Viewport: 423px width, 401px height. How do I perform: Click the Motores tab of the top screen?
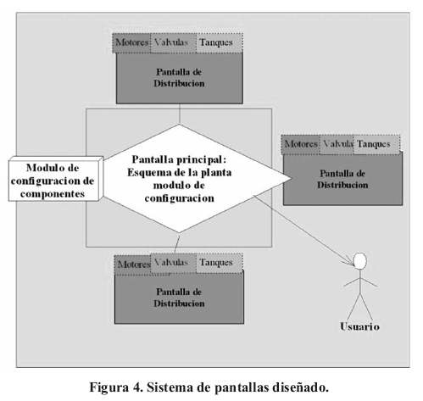(131, 43)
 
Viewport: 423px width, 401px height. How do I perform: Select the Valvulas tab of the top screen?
(173, 43)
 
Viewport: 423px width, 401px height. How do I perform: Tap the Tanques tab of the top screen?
(219, 43)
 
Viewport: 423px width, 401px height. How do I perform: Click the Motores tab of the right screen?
(301, 144)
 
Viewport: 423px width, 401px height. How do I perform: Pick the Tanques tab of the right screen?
(376, 144)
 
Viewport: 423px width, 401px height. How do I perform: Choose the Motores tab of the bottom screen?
(133, 265)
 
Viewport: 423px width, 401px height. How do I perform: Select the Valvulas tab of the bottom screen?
(173, 263)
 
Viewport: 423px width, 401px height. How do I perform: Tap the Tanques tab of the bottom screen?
(219, 263)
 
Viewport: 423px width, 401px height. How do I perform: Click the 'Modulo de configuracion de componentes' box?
(55, 179)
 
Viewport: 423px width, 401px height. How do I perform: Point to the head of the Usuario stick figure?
(360, 261)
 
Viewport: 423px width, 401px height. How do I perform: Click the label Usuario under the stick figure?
(359, 326)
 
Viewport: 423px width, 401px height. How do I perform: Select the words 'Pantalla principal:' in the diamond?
(179, 159)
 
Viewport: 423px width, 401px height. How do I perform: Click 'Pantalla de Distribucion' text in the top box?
(179, 78)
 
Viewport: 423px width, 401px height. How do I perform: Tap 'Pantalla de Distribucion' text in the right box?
(342, 179)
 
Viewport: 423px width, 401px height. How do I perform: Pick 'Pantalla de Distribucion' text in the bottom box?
(179, 298)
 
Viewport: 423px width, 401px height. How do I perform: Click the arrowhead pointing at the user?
(349, 262)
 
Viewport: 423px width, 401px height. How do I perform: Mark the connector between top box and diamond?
(179, 114)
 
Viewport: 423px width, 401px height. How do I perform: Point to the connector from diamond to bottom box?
(177, 243)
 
